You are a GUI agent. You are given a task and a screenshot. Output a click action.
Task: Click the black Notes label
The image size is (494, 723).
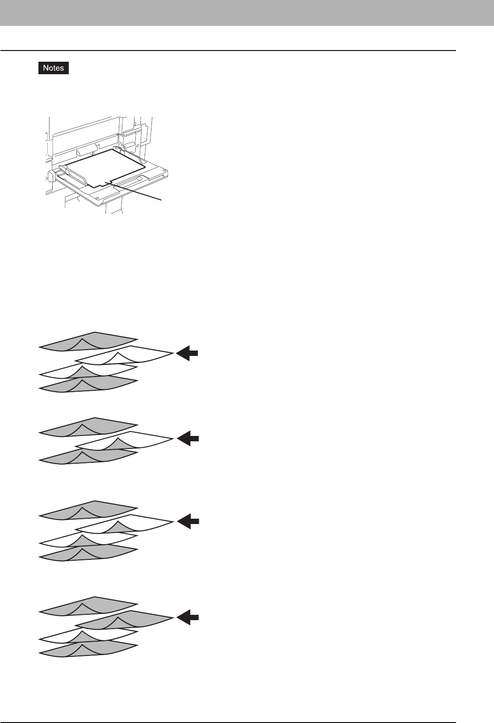pos(54,68)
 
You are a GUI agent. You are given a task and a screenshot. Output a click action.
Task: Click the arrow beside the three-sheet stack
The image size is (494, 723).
pos(188,439)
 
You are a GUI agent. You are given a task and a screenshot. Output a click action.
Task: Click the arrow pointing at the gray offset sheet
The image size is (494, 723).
pos(188,617)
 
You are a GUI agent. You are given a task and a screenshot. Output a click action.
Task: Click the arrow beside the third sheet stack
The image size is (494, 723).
pos(188,521)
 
